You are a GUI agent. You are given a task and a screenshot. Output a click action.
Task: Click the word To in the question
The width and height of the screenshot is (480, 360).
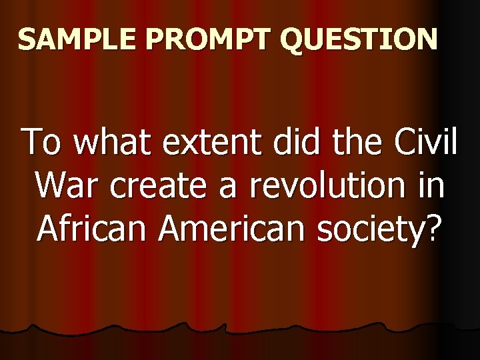43,143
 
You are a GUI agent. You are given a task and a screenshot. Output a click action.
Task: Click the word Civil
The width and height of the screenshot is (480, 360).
424,143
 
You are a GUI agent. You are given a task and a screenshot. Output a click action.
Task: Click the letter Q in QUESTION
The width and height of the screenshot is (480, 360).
294,40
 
